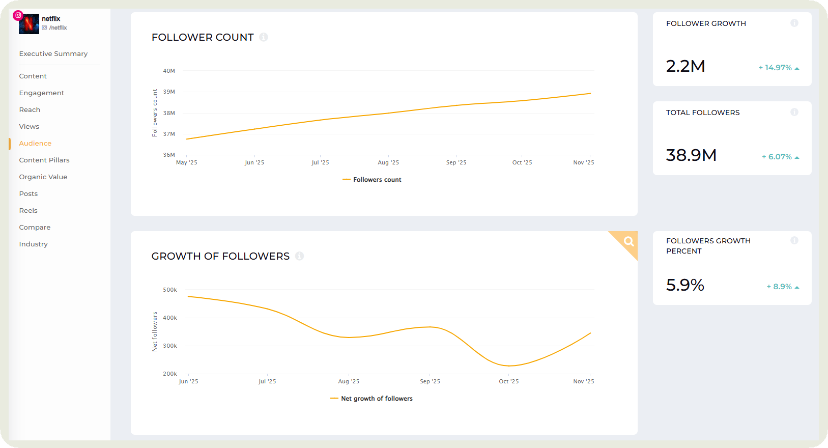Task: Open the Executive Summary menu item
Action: [x=53, y=54]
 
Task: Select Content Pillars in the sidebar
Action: [x=44, y=160]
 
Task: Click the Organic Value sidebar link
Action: [x=43, y=177]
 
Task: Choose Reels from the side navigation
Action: [x=28, y=211]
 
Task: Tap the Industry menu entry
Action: [x=34, y=244]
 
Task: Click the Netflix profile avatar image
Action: [x=29, y=24]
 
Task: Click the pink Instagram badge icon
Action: [x=18, y=15]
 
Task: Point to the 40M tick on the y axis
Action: [x=169, y=71]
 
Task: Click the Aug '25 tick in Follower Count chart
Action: [x=388, y=162]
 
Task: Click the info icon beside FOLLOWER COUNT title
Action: [x=264, y=37]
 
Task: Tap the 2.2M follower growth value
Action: [x=686, y=66]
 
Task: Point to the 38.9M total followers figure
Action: [x=691, y=155]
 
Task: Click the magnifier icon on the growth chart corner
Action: [x=629, y=241]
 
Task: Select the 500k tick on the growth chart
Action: [x=170, y=290]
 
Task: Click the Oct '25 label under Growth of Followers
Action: [x=508, y=381]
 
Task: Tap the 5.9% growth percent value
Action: [x=685, y=285]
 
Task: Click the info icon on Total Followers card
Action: [x=794, y=112]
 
